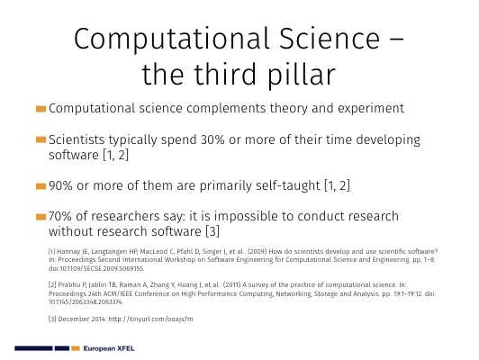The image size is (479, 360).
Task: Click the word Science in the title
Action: (330, 39)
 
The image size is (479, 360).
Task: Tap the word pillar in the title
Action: (301, 75)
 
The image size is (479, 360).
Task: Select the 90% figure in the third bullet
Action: (60, 185)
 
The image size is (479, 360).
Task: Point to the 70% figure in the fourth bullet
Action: (60, 216)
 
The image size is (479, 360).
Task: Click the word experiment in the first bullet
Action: (371, 109)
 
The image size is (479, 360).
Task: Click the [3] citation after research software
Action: (212, 231)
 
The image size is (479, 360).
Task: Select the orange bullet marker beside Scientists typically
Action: (41, 139)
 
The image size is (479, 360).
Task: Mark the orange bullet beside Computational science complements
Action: (41, 109)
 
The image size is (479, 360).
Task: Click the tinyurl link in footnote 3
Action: (150, 319)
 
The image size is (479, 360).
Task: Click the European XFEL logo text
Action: (109, 348)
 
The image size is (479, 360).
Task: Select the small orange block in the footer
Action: (76, 348)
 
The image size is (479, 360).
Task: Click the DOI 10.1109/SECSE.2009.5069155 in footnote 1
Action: (96, 269)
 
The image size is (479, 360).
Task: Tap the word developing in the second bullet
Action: (388, 140)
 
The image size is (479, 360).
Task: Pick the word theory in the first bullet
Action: (288, 109)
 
